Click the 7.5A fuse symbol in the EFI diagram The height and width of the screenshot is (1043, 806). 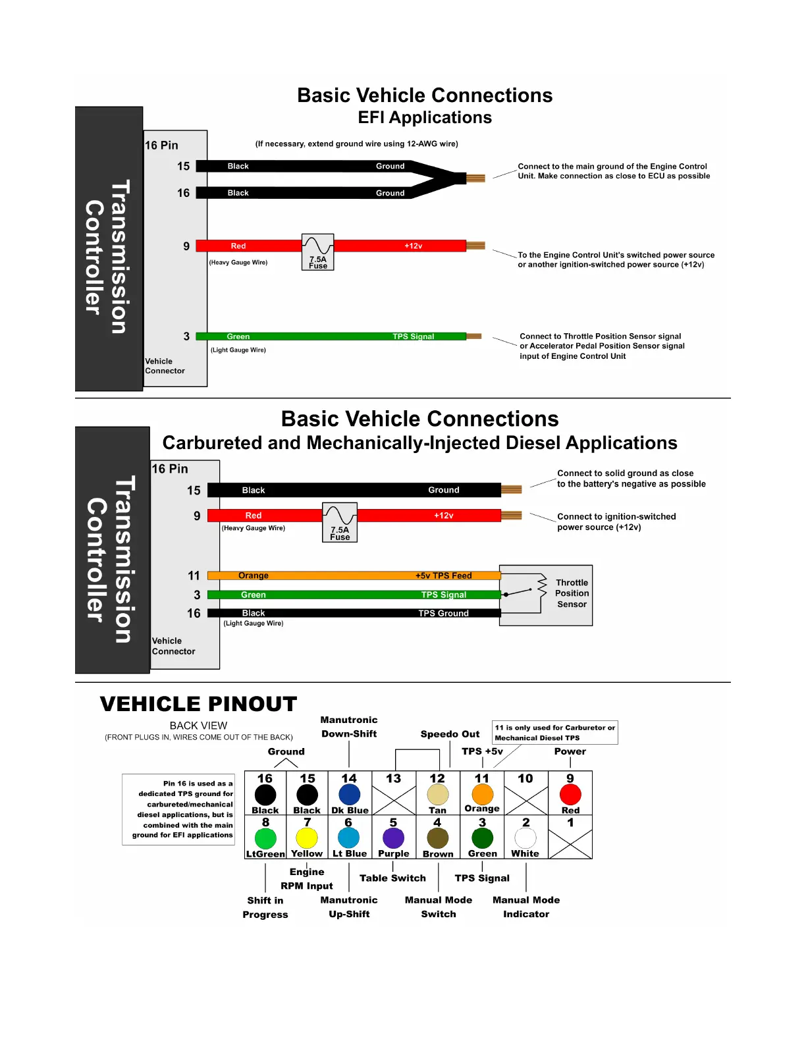point(317,252)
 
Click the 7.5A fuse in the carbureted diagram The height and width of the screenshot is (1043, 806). point(340,522)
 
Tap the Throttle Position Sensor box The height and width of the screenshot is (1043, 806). point(546,595)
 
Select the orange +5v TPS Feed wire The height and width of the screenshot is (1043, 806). point(354,575)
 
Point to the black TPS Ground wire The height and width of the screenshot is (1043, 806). point(354,613)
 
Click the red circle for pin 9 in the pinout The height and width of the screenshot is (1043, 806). point(570,794)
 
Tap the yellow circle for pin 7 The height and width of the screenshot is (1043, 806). point(307,838)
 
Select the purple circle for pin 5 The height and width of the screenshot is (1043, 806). point(393,838)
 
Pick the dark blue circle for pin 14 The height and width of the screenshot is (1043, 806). point(349,794)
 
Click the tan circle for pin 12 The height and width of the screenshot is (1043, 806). point(437,794)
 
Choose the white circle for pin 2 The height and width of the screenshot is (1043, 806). point(525,838)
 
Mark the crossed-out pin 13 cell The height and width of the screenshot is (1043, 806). point(394,793)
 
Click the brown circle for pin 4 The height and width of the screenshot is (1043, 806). point(437,838)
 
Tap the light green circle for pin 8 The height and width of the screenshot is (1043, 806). point(265,838)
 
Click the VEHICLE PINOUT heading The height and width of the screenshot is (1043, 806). point(198,704)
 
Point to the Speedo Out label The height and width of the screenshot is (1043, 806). point(450,734)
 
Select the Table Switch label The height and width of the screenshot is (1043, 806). point(392,878)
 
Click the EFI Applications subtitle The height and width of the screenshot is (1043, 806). point(425,117)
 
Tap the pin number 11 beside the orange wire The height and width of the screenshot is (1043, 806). point(194,575)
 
